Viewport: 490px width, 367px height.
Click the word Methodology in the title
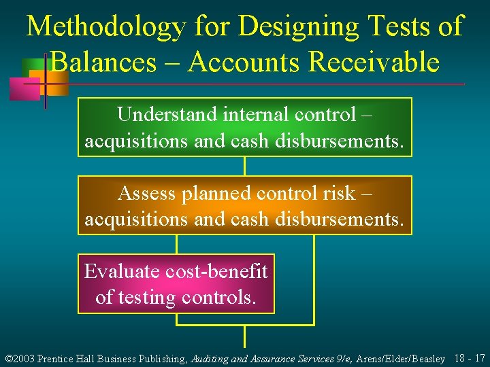click(105, 27)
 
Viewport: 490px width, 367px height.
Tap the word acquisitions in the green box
click(130, 142)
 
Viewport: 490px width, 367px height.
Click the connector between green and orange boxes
click(244, 166)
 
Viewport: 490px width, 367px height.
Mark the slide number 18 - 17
click(469, 357)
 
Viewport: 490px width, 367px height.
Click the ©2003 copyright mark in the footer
click(19, 358)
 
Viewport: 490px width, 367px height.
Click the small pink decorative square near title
click(23, 89)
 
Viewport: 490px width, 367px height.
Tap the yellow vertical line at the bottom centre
click(244, 336)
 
